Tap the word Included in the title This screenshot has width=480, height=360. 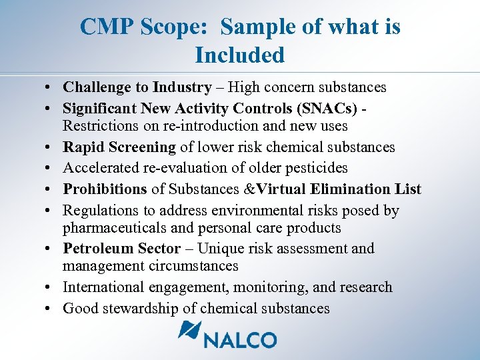tap(240, 55)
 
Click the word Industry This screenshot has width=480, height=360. tap(181, 87)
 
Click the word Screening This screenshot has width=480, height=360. tap(144, 147)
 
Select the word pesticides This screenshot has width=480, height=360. tap(313, 168)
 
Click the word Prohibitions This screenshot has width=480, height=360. tap(104, 189)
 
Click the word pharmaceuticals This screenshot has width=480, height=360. tap(113, 228)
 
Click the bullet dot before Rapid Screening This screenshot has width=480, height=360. tap(51, 147)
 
